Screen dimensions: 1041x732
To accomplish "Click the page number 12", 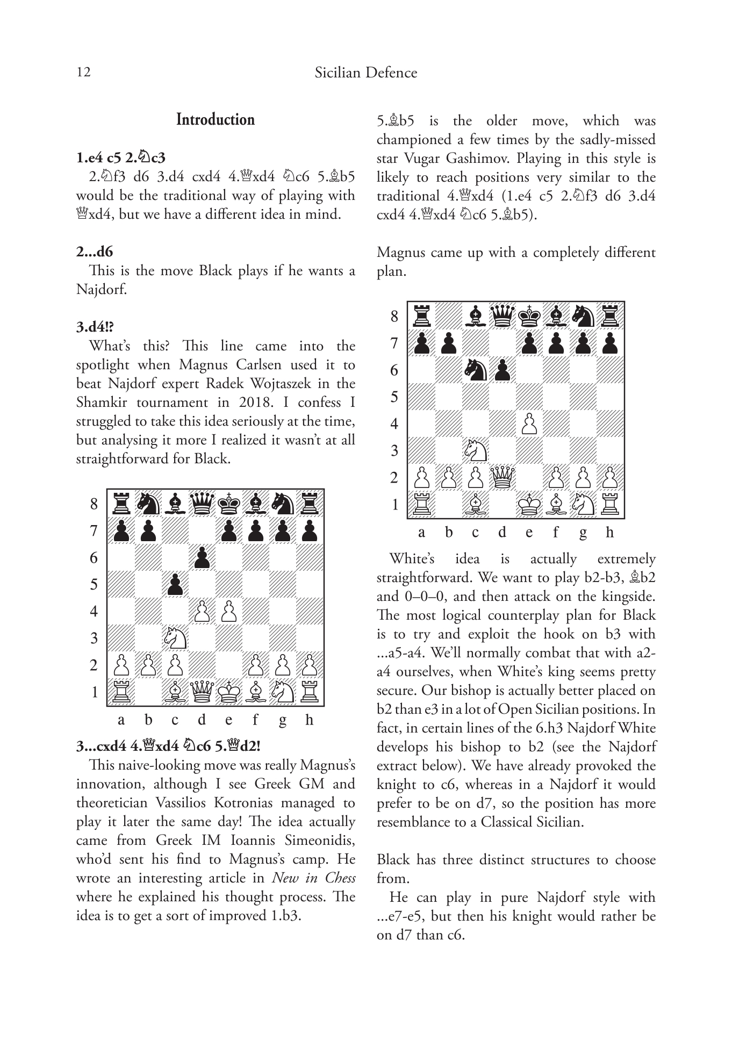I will pyautogui.click(x=83, y=72).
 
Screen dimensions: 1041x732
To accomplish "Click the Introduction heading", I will pyautogui.click(x=216, y=119).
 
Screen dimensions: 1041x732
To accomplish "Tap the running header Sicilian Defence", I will pyautogui.click(x=365, y=73).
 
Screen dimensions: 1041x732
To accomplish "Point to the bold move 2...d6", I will pyautogui.click(x=95, y=252).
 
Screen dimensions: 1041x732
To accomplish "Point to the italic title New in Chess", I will pyautogui.click(x=314, y=878).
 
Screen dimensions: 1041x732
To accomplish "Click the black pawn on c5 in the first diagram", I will pyautogui.click(x=175, y=584).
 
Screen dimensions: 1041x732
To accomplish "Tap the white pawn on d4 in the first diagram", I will pyautogui.click(x=202, y=611).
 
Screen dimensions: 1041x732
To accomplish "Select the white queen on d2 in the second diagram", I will pyautogui.click(x=502, y=477).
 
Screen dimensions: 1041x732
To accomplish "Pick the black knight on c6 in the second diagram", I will pyautogui.click(x=475, y=369).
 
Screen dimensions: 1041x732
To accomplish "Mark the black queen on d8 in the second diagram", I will pyautogui.click(x=502, y=315).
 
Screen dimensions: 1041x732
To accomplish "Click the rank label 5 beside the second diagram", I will pyautogui.click(x=394, y=397).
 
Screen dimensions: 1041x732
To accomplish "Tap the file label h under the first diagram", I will pyautogui.click(x=309, y=720).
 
